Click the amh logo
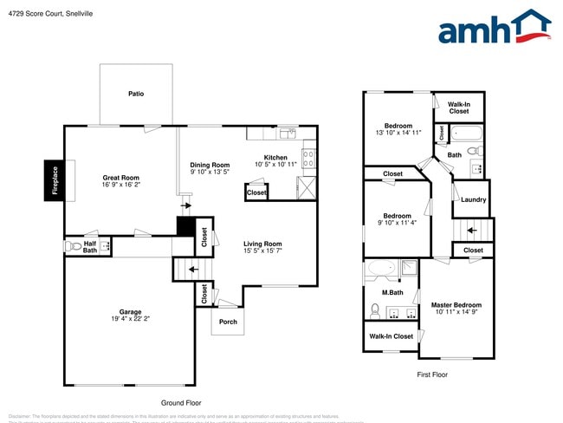tap(495, 28)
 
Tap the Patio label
tap(136, 94)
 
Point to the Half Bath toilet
tap(73, 247)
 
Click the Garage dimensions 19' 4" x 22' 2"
tap(130, 319)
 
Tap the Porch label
tap(228, 322)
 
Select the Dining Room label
tap(210, 165)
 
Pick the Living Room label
tap(262, 244)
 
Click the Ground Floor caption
tap(181, 403)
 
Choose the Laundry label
tap(473, 200)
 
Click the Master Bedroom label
tap(456, 305)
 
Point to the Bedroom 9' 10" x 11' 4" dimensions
tap(398, 223)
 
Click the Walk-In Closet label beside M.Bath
tap(391, 336)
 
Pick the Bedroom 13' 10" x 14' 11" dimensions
tap(398, 133)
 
